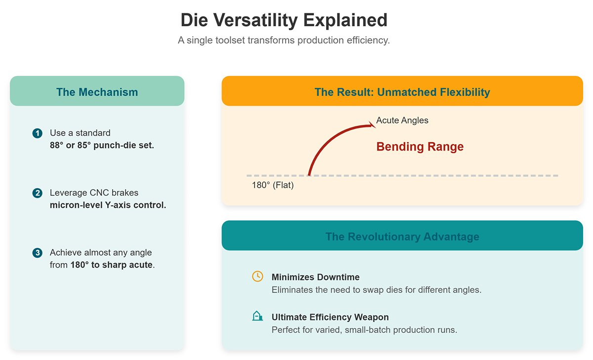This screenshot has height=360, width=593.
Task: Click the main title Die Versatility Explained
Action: point(284,21)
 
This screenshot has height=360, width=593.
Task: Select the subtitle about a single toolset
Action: point(284,40)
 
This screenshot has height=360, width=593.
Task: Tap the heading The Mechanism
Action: point(97,92)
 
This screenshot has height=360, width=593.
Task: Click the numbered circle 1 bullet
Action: point(37,133)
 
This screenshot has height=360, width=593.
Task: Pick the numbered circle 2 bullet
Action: point(37,193)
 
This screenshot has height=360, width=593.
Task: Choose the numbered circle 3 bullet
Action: point(37,253)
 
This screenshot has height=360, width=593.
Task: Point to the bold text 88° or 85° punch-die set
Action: point(102,145)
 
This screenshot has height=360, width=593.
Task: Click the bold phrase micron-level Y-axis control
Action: point(108,205)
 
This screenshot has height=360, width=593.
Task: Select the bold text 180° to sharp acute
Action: point(111,265)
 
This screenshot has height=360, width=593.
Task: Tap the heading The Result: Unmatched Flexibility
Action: point(402,92)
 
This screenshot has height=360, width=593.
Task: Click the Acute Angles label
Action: point(402,120)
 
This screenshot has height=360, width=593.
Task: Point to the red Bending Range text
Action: point(420,147)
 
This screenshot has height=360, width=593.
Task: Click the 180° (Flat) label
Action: point(273,186)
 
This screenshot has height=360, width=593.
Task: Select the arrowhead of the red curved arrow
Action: point(372,125)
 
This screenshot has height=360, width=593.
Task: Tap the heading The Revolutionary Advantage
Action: point(402,237)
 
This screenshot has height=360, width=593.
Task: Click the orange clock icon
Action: point(257,277)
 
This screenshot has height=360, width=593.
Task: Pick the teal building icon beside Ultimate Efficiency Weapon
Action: point(257,317)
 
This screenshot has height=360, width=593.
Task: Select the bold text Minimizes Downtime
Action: point(316,277)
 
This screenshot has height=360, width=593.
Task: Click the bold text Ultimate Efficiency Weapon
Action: point(330,317)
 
